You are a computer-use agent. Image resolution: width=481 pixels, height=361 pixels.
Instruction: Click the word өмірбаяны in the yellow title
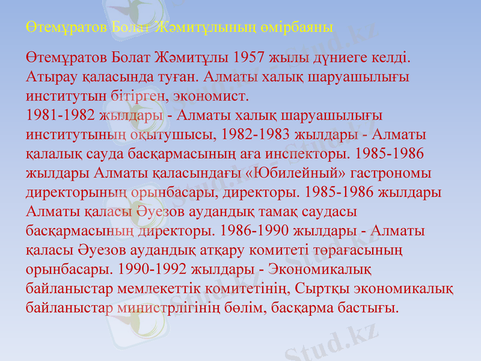click(300, 27)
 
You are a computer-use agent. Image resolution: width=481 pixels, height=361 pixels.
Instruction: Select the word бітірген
click(141, 96)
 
